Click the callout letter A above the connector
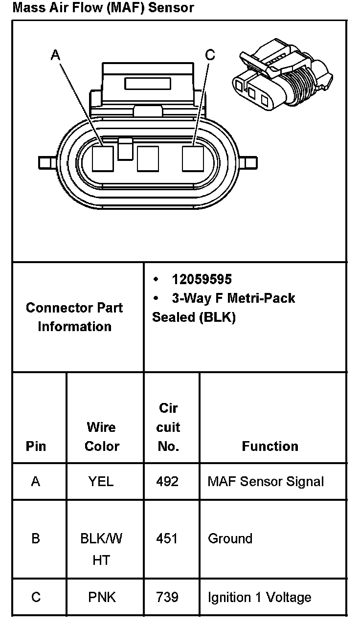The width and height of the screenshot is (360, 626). (x=55, y=55)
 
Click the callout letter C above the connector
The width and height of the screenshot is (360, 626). (x=210, y=55)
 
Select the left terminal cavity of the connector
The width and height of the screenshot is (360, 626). (x=103, y=159)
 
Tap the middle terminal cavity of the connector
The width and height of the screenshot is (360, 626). (x=148, y=159)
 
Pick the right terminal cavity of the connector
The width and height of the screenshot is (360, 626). (x=192, y=159)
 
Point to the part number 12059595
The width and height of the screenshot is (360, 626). (x=202, y=279)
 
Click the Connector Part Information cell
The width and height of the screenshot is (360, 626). (x=74, y=317)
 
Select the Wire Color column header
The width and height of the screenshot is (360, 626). (x=102, y=436)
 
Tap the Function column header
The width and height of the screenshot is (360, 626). (x=270, y=446)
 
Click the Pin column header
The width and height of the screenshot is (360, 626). (x=36, y=446)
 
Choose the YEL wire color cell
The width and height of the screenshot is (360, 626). (x=101, y=482)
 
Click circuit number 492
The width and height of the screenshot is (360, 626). (x=168, y=482)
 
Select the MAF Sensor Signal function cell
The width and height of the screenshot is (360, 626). (x=266, y=482)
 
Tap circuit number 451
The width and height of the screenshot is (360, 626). (x=168, y=538)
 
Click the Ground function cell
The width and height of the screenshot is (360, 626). (x=230, y=538)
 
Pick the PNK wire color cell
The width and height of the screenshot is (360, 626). (x=102, y=597)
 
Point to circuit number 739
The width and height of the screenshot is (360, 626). (x=168, y=597)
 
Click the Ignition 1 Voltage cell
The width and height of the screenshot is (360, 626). (x=259, y=597)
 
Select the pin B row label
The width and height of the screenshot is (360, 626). (x=36, y=538)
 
